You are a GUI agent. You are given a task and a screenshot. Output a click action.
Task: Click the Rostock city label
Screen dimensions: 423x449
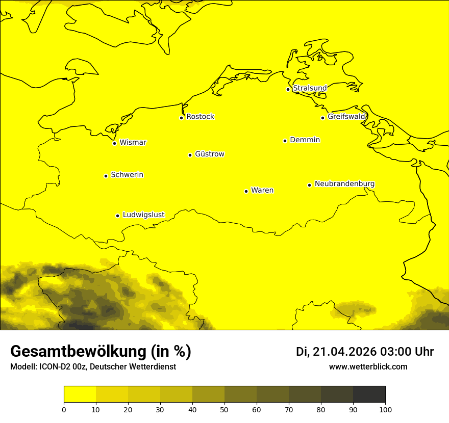coord(200,117)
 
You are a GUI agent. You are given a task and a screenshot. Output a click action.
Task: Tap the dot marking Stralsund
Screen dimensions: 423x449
coord(288,89)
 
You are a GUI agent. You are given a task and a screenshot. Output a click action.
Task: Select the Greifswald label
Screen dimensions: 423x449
coord(346,117)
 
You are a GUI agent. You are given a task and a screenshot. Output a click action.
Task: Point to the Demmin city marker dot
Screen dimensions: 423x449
coord(285,141)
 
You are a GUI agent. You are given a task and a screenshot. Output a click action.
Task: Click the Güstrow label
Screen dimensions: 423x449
coord(209,154)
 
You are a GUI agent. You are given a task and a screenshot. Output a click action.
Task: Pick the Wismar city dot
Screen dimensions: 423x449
coord(114,143)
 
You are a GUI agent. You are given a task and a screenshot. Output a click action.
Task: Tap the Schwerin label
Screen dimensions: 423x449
coord(127,175)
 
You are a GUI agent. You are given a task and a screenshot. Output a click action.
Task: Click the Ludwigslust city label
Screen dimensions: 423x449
coord(143,215)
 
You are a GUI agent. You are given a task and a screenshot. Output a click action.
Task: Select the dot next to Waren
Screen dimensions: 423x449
coord(246,191)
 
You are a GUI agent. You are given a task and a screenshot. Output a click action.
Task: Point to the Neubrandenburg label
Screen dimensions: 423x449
coord(344,183)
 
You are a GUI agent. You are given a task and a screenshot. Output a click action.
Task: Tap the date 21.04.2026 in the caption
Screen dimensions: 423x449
coord(344,352)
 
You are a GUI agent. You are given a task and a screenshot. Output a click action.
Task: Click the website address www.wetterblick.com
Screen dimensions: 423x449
coord(368,366)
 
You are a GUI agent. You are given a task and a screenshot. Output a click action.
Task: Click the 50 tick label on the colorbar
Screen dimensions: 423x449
coord(224,409)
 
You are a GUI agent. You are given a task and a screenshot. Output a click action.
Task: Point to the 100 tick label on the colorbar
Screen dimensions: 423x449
coord(385,409)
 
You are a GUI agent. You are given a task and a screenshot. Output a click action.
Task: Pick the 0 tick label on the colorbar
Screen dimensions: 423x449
coord(64,409)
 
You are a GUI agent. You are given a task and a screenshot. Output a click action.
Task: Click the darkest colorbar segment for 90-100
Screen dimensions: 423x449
coord(369,394)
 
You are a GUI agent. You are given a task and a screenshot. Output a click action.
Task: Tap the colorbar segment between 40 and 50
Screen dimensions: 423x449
coord(208,394)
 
